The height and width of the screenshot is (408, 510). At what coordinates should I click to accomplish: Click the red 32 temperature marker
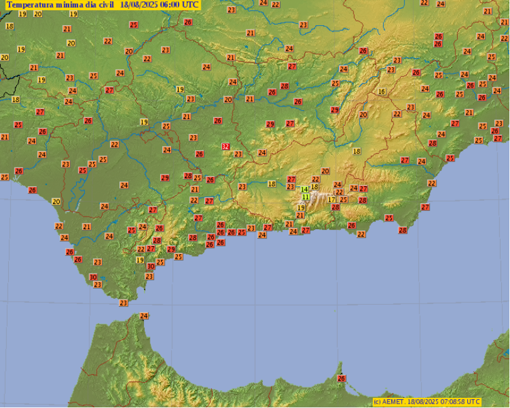tap(226, 147)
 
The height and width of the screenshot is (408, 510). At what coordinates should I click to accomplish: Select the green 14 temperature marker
tap(304, 190)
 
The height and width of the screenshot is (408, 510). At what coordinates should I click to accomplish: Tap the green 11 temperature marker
tap(306, 197)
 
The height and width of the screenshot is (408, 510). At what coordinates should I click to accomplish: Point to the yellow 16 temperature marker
tap(381, 92)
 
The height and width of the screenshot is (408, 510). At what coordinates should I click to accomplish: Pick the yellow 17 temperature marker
tap(331, 200)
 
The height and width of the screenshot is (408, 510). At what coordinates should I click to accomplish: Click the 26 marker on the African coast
tap(341, 378)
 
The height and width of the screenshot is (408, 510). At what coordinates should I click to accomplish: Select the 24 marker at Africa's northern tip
tap(144, 316)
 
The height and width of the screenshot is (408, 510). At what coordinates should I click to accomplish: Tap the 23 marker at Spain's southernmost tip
tap(123, 303)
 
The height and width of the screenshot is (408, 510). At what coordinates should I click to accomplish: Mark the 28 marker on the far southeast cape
tap(402, 230)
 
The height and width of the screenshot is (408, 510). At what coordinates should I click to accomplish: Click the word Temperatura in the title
tap(29, 5)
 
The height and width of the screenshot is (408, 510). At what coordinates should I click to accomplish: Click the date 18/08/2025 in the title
tap(140, 5)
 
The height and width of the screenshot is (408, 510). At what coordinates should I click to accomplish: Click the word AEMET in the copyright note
tap(393, 402)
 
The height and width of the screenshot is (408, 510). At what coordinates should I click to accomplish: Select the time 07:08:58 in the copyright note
tap(451, 402)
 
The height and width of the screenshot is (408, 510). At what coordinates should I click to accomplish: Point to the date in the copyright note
tap(422, 402)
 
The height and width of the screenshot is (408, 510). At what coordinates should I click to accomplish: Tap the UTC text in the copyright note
tap(474, 402)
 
